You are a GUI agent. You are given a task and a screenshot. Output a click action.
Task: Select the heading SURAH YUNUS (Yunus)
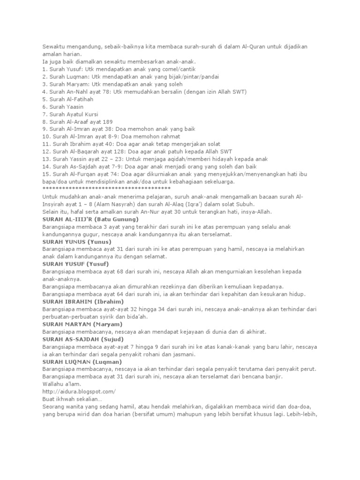(77, 241)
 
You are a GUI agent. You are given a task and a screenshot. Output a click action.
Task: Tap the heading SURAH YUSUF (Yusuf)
(76, 264)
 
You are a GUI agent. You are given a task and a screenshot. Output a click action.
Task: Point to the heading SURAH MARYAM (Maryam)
(82, 324)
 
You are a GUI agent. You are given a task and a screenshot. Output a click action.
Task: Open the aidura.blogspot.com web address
(79, 391)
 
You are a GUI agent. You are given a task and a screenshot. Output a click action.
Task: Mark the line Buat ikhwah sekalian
(72, 399)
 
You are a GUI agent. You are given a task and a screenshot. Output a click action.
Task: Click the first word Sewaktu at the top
(53, 47)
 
